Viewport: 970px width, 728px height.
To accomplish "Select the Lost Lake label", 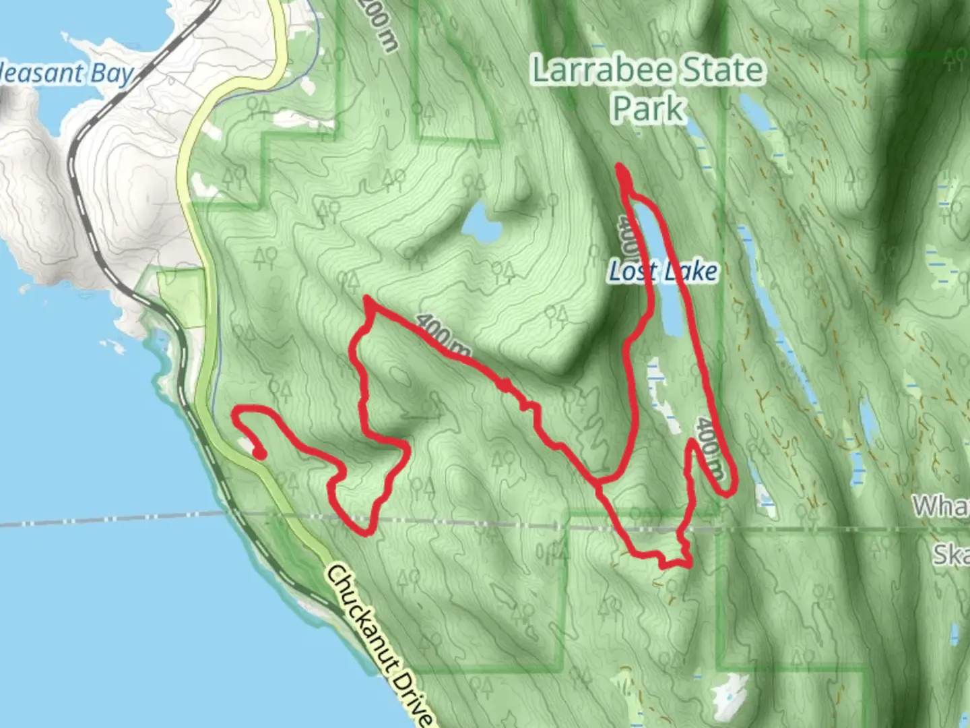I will [x=662, y=272].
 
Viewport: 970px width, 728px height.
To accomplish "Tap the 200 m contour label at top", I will [x=378, y=24].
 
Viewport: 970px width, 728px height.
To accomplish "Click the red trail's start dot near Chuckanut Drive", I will [x=259, y=454].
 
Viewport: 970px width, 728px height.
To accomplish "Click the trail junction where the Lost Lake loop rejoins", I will [x=599, y=481].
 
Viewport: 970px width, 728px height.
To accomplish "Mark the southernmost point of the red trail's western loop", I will [x=366, y=533].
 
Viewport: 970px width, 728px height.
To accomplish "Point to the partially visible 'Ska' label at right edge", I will [x=950, y=555].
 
